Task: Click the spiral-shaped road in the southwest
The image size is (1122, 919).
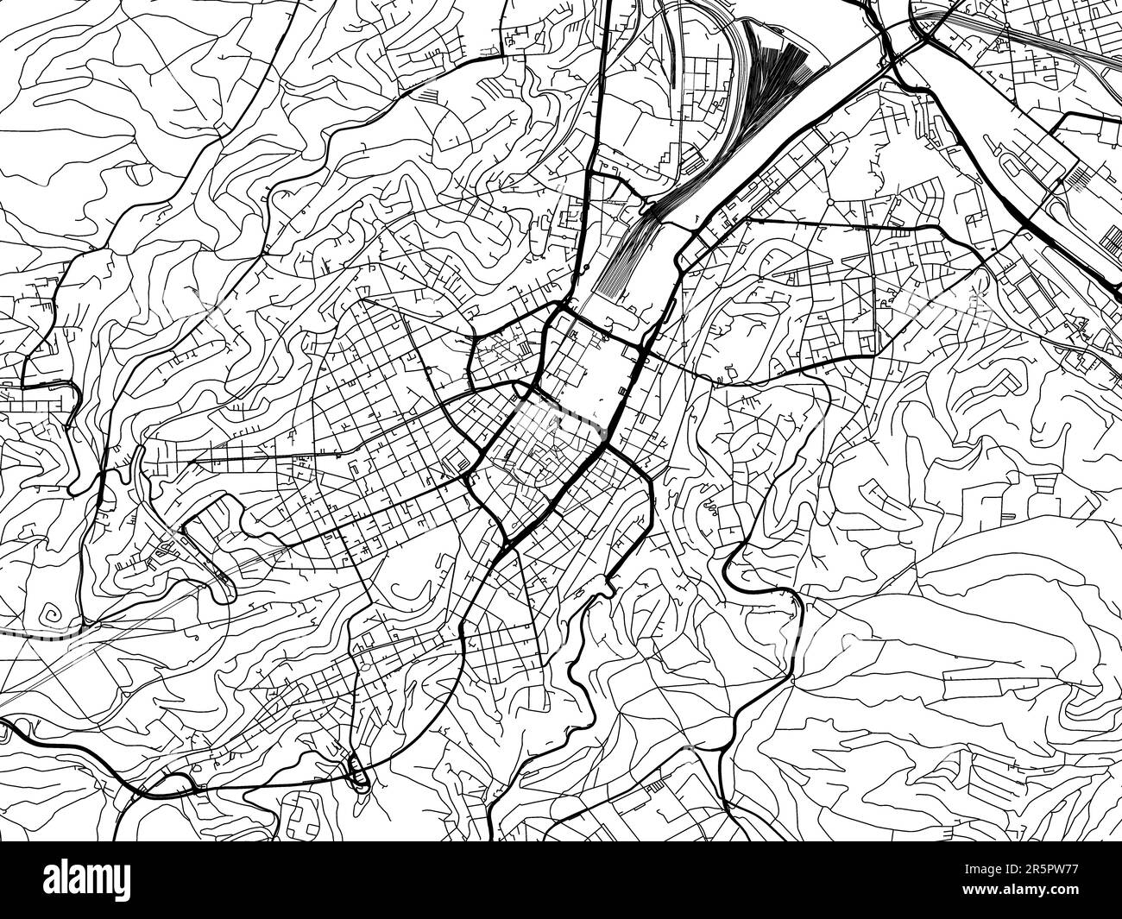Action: pyautogui.click(x=53, y=616)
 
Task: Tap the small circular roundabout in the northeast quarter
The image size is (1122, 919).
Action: pyautogui.click(x=829, y=204)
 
